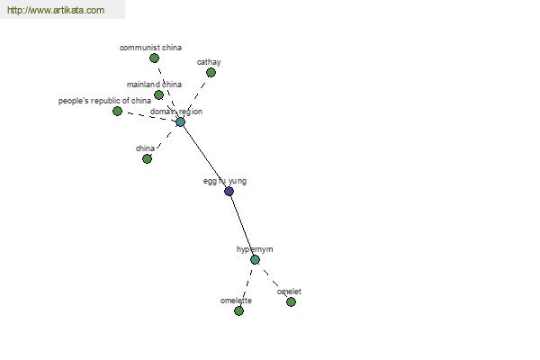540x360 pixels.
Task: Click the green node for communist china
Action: [x=154, y=58]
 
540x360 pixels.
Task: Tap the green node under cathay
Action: [x=211, y=72]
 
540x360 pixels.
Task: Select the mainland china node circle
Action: [x=158, y=94]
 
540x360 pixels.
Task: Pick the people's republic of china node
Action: [x=117, y=111]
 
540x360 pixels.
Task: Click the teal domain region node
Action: [x=180, y=122]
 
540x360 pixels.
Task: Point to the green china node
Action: [x=147, y=158]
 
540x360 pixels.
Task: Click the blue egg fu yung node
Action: [x=229, y=191]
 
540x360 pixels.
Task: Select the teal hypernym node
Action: [x=255, y=260]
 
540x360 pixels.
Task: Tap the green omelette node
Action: [x=238, y=311]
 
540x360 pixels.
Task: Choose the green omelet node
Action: [x=291, y=302]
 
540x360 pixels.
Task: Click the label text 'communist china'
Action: [x=150, y=48]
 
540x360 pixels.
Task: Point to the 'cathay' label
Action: [x=209, y=62]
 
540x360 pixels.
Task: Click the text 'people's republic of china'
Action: [x=104, y=101]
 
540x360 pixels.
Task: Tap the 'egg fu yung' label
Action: [x=225, y=181]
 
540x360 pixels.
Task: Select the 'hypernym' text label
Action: [x=255, y=249]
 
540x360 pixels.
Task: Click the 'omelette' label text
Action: [x=236, y=301]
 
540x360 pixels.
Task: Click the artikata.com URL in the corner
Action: [x=56, y=10]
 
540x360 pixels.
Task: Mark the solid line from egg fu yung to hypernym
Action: [x=242, y=226]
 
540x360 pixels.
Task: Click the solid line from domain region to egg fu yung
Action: [x=204, y=157]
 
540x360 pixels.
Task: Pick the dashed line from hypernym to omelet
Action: [x=274, y=283]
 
